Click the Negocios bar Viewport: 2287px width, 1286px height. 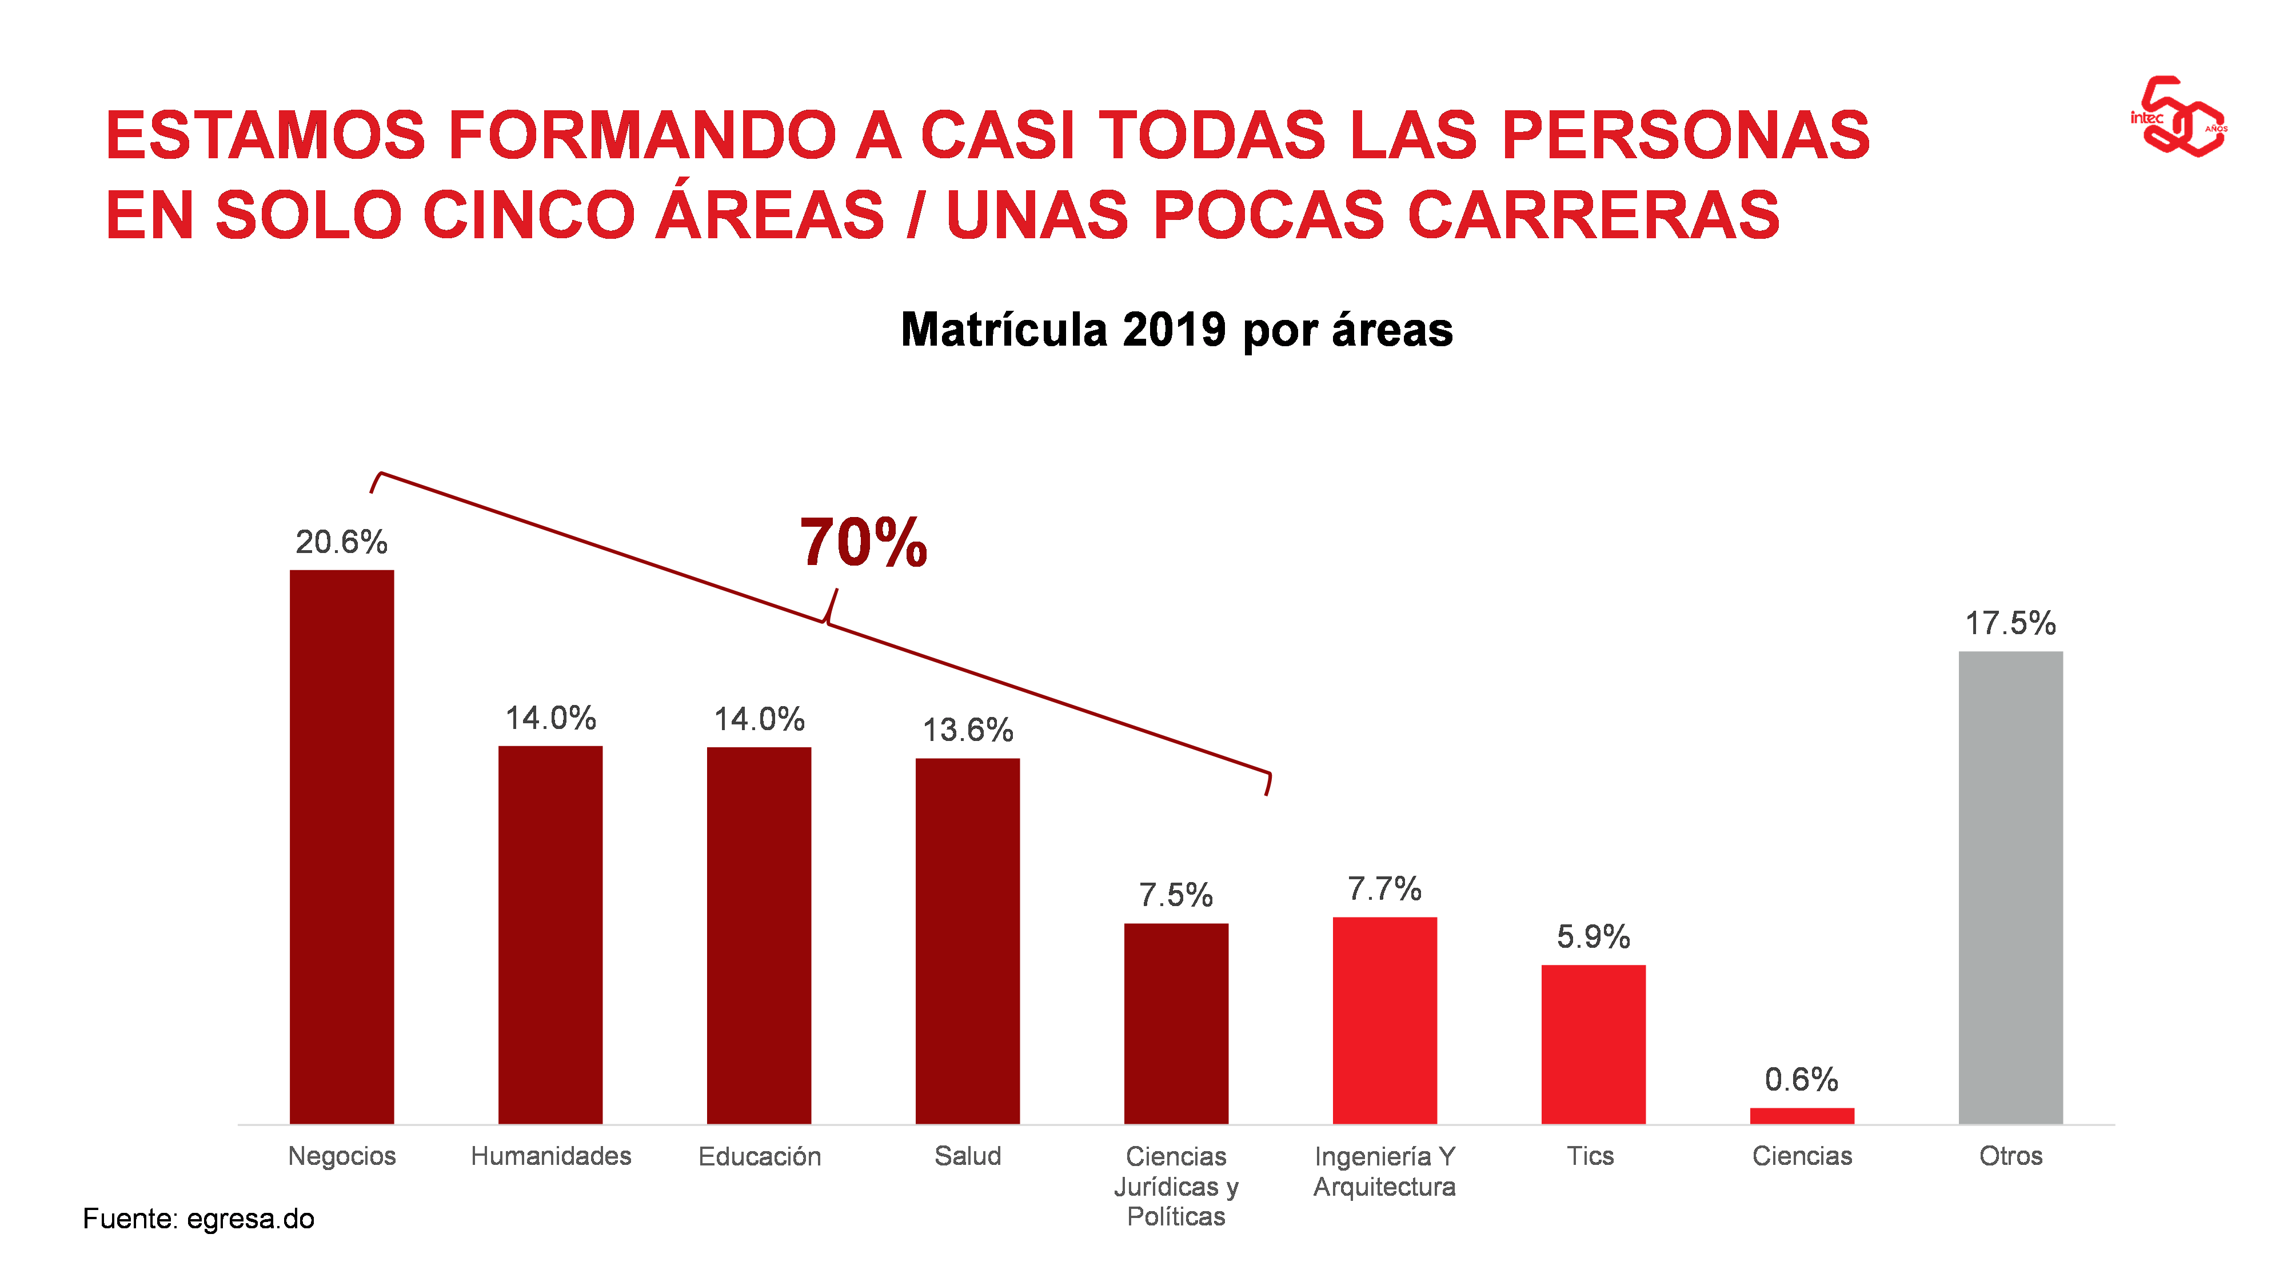(342, 847)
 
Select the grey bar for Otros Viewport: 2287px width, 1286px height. (2011, 887)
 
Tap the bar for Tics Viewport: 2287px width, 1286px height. (1594, 1044)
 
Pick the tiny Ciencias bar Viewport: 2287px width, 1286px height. (1802, 1116)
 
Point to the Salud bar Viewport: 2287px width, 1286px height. (968, 941)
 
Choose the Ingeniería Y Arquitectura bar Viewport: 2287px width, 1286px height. (1385, 1021)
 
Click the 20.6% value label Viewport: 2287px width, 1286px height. (342, 542)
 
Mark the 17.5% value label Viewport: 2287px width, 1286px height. (2011, 623)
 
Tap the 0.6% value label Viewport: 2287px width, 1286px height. (1801, 1079)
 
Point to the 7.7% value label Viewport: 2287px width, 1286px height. (1385, 888)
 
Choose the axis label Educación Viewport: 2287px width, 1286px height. (760, 1156)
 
